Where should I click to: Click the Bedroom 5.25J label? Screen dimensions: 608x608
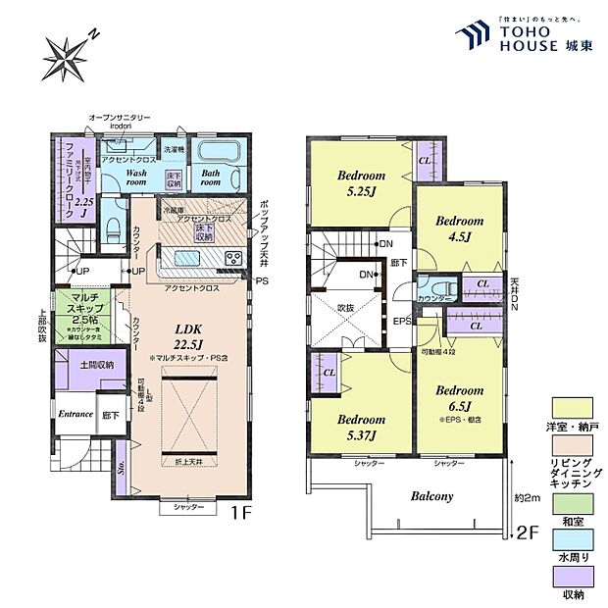point(358,183)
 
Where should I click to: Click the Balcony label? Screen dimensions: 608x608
point(431,496)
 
